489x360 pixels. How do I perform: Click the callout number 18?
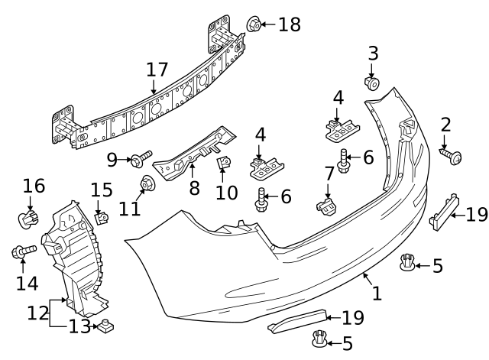(290, 24)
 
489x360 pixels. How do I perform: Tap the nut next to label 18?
(254, 24)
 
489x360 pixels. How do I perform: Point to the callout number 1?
(375, 291)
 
